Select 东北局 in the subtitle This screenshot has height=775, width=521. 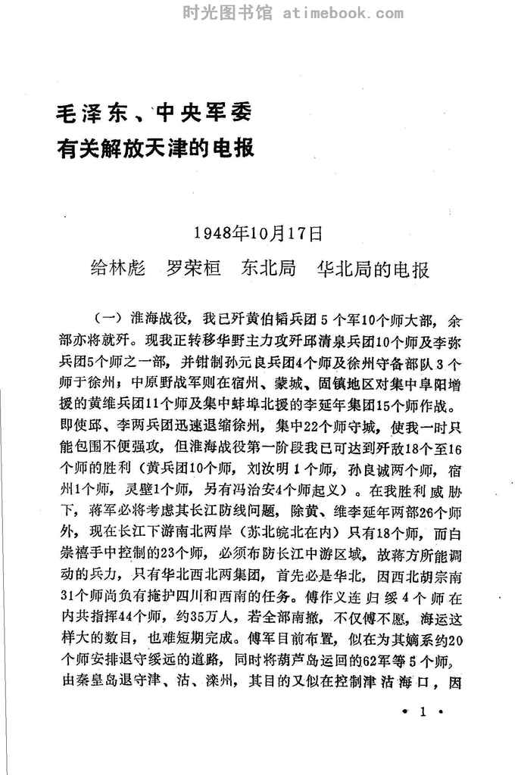268,269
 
